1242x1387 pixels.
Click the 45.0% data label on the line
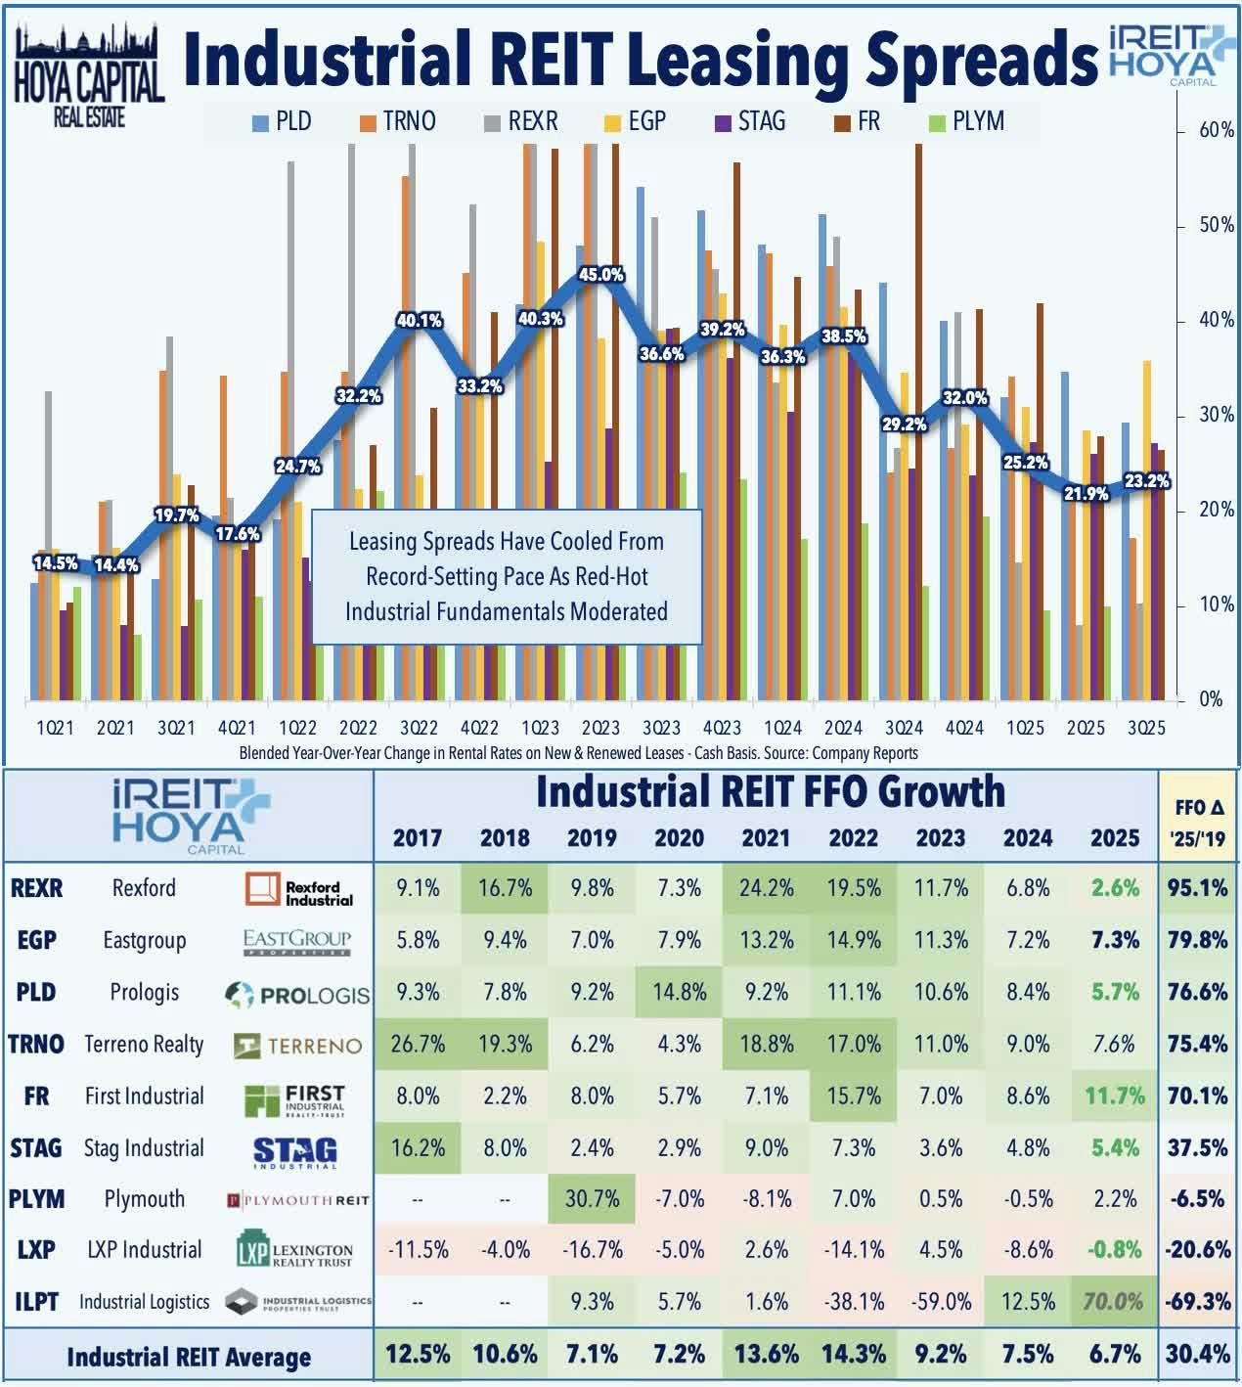click(x=601, y=275)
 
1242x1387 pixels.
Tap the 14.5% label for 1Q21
click(x=55, y=562)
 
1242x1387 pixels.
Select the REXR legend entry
click(x=521, y=121)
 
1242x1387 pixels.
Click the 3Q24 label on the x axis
click(x=904, y=728)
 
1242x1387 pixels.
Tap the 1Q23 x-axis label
click(x=540, y=728)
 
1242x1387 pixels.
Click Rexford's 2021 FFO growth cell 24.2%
click(x=766, y=888)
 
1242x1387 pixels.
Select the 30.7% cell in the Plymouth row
click(x=592, y=1198)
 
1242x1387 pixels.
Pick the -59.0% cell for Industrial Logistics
click(x=941, y=1302)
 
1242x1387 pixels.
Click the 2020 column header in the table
click(x=679, y=838)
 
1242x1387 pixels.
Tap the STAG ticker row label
click(x=36, y=1147)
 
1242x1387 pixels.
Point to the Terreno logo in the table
click(x=298, y=1046)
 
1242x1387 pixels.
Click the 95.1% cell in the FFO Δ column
click(x=1197, y=888)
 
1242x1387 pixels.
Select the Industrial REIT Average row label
click(x=189, y=1357)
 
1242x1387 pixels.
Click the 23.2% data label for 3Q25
click(x=1146, y=480)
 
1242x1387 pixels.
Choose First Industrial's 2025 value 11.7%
click(x=1115, y=1096)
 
